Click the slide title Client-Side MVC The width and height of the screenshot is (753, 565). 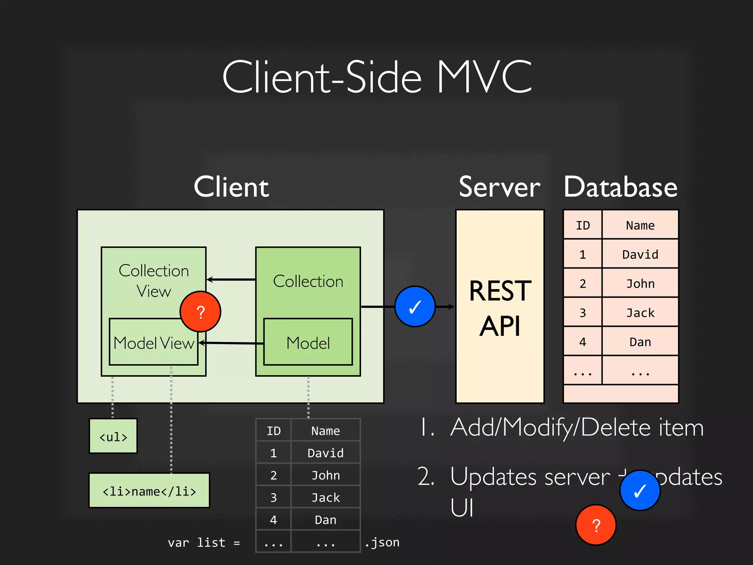click(x=377, y=77)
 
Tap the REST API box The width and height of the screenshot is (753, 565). click(x=500, y=307)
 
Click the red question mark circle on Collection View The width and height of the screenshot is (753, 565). click(x=200, y=312)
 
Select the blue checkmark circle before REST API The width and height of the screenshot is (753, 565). click(x=415, y=306)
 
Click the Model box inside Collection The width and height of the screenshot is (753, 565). click(x=308, y=342)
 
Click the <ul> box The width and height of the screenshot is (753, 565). click(x=113, y=436)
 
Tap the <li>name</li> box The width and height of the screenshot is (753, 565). click(x=149, y=491)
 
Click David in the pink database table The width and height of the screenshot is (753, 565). click(x=640, y=254)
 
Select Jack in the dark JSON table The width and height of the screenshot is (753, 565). click(x=325, y=497)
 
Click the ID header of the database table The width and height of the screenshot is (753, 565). click(x=582, y=225)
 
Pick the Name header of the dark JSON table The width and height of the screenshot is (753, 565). click(x=325, y=430)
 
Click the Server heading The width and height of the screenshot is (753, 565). click(x=499, y=187)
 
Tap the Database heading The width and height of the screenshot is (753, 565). click(x=621, y=187)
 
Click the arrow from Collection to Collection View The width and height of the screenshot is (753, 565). click(x=231, y=280)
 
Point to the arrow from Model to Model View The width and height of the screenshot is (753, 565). click(x=231, y=343)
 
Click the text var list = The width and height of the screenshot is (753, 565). click(x=204, y=542)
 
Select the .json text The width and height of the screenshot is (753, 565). click(x=382, y=542)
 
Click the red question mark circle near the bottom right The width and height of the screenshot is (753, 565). click(x=596, y=525)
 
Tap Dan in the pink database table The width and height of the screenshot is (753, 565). click(x=640, y=342)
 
